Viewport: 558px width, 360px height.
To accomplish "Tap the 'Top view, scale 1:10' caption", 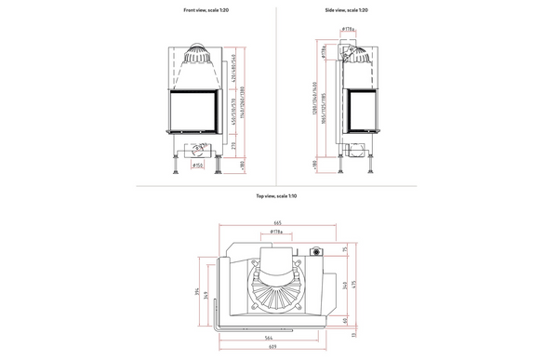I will click(x=278, y=197).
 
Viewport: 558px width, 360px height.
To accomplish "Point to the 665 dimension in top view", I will click(x=278, y=224).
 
